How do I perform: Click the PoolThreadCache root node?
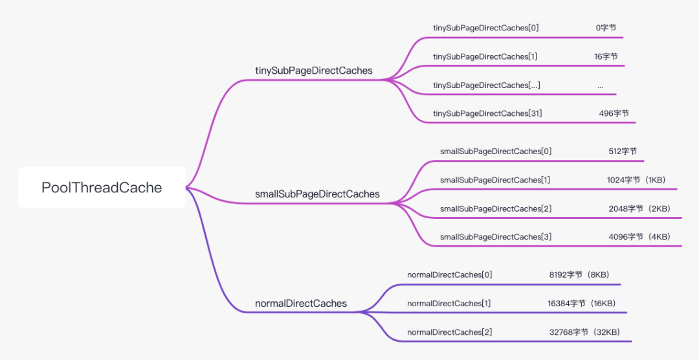tap(102, 187)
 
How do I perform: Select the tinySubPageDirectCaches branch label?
tap(313, 71)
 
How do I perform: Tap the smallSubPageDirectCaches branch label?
tap(317, 194)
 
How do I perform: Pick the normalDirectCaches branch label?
tap(301, 304)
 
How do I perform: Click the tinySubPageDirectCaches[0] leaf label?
tap(486, 28)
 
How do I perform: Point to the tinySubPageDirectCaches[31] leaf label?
tap(487, 113)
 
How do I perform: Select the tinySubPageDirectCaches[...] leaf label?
tap(487, 85)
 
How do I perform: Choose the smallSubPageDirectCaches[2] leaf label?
tap(496, 208)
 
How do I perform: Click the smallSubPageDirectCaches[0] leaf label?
tap(496, 152)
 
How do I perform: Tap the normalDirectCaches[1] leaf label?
tap(449, 304)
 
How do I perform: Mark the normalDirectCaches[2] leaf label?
tap(449, 332)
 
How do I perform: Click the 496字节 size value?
tap(614, 113)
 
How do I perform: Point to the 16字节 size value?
tap(606, 56)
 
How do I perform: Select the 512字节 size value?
tap(623, 152)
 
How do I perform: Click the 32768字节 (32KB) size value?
tap(585, 332)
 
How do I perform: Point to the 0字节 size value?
tap(606, 28)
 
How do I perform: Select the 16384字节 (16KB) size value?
tap(582, 304)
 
